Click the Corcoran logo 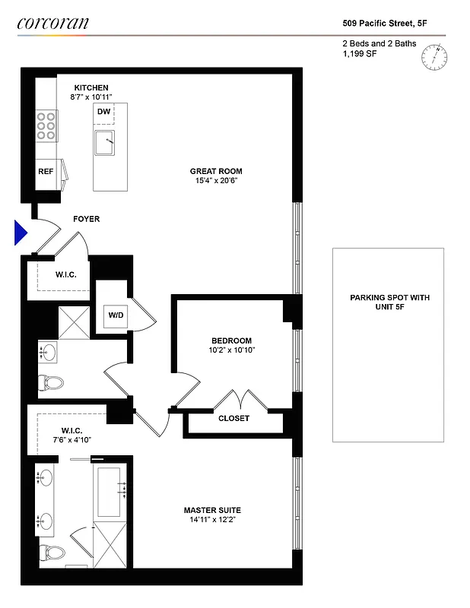pyautogui.click(x=52, y=23)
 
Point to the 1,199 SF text pyautogui.click(x=360, y=54)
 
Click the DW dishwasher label pyautogui.click(x=103, y=112)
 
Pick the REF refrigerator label pyautogui.click(x=46, y=172)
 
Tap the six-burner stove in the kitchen pyautogui.click(x=47, y=125)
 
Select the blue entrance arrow pyautogui.click(x=21, y=233)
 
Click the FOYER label pyautogui.click(x=86, y=220)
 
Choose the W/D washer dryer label pyautogui.click(x=116, y=314)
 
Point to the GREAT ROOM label pyautogui.click(x=214, y=171)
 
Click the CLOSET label pyautogui.click(x=233, y=418)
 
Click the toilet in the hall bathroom pyautogui.click(x=50, y=382)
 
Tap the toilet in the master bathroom pyautogui.click(x=50, y=553)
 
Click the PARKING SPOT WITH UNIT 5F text pyautogui.click(x=389, y=302)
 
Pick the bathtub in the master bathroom pyautogui.click(x=112, y=489)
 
